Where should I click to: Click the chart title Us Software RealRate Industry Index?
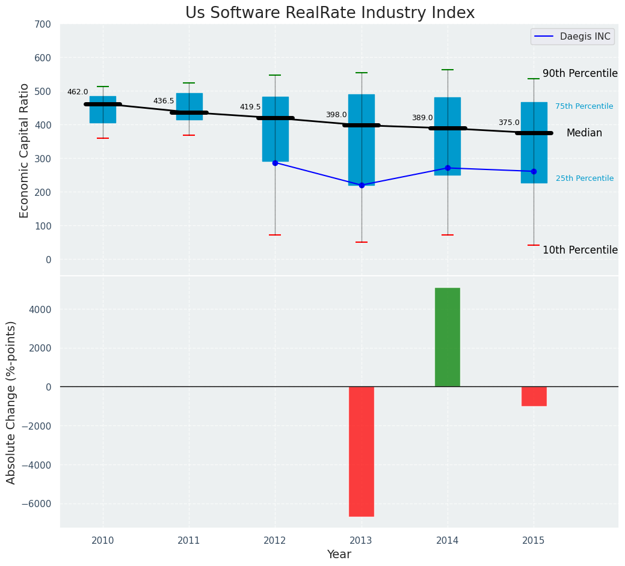tap(330, 13)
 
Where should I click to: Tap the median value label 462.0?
tap(78, 92)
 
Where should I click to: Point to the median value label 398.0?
tap(336, 115)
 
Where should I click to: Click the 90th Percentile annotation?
tap(580, 73)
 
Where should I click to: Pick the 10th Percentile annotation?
tap(580, 250)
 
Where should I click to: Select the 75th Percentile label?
tap(584, 106)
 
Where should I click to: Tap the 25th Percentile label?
tap(585, 178)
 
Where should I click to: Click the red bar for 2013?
tap(362, 451)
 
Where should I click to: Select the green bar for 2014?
tap(448, 337)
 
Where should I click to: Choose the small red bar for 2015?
tap(534, 396)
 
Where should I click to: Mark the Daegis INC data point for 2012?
tap(275, 163)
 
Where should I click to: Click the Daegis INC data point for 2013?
tap(362, 185)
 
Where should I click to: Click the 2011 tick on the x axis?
tap(189, 541)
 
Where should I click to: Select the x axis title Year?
tap(339, 555)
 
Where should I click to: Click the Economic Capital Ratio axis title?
tap(25, 150)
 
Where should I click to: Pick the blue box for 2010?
tap(103, 109)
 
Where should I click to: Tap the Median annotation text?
tap(584, 133)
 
